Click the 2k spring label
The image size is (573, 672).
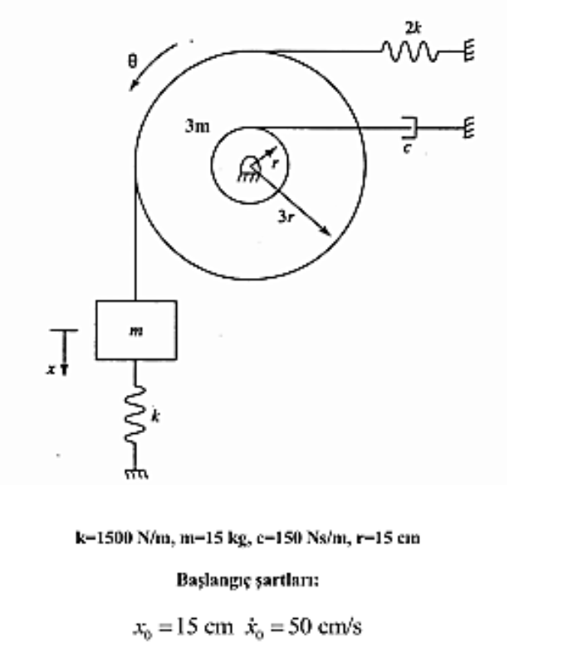[413, 28]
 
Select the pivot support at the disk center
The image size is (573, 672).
[248, 168]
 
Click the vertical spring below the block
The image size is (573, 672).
[135, 415]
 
